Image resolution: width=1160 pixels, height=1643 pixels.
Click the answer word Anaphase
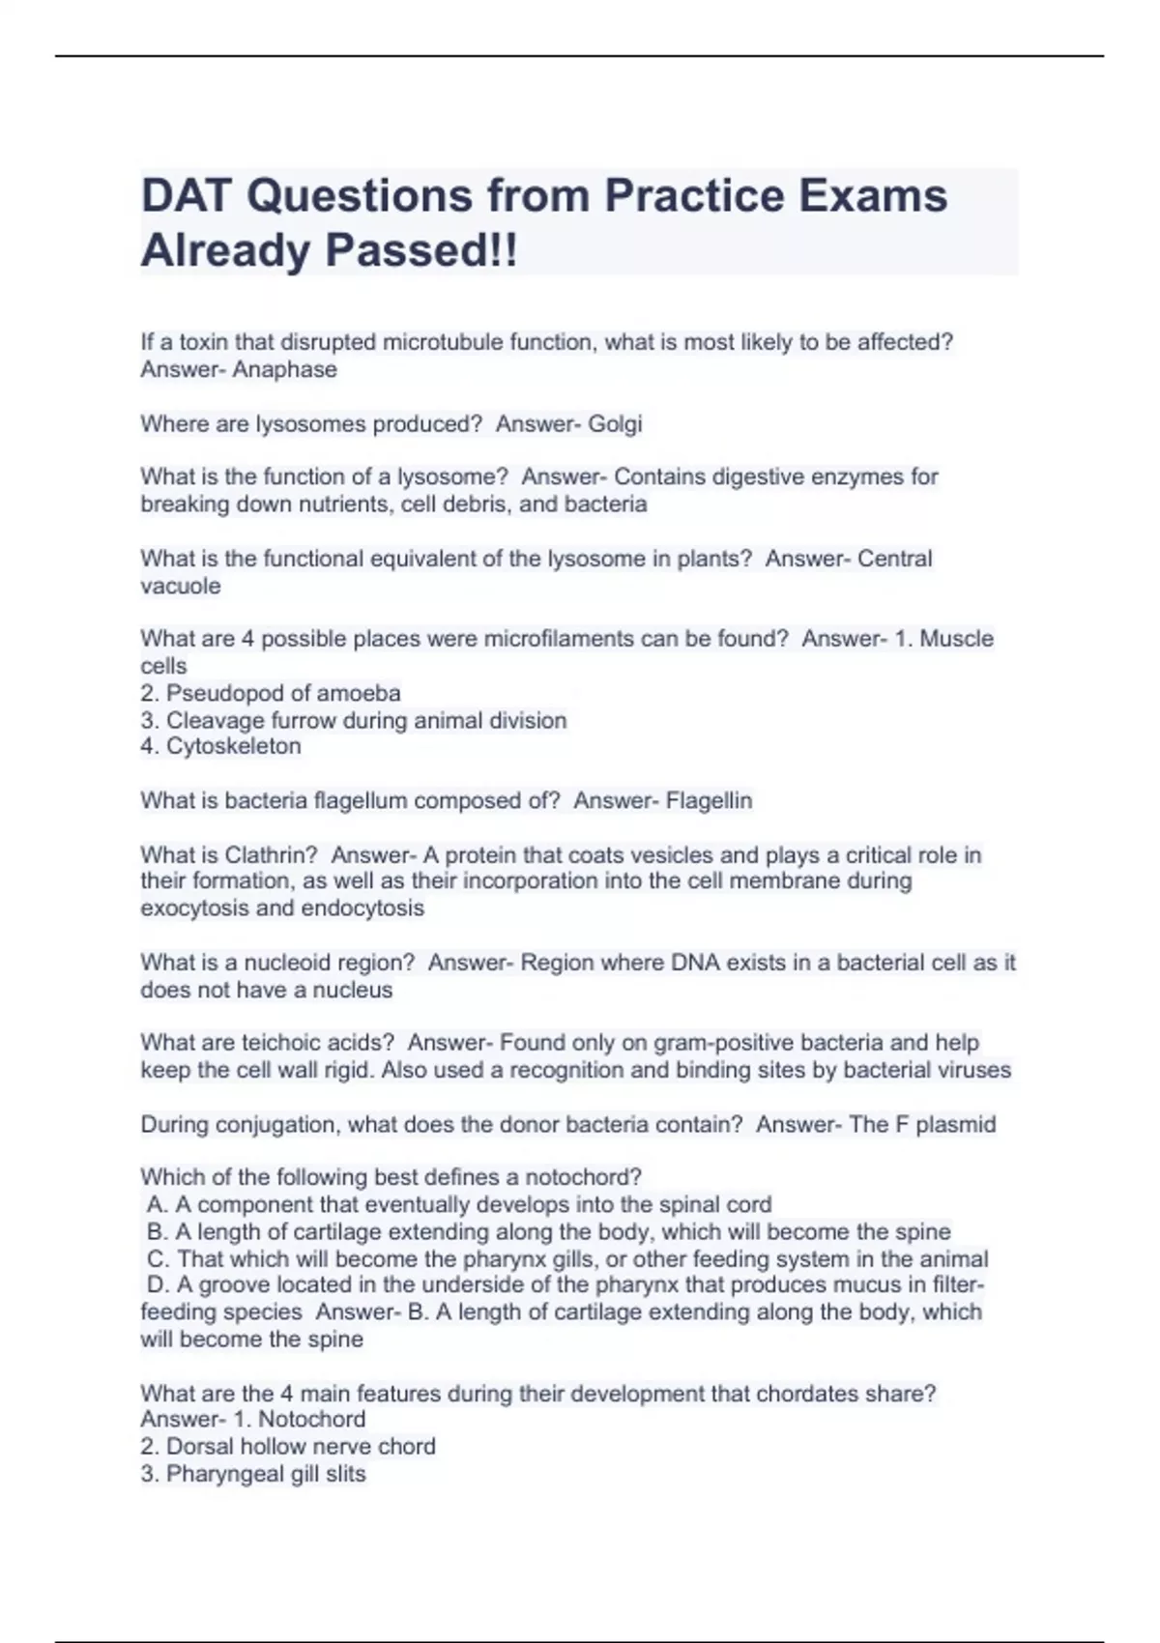(284, 369)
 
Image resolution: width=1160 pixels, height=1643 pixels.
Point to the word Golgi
(615, 423)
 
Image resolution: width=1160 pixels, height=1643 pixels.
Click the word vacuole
(181, 586)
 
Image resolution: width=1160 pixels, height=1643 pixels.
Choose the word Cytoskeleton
(234, 746)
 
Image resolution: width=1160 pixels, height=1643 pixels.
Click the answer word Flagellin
(709, 800)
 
